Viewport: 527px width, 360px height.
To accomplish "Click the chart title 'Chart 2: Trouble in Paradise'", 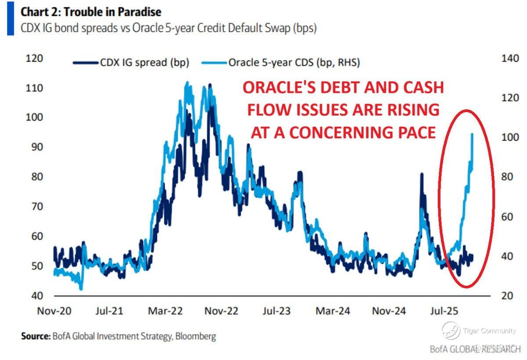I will point(91,12).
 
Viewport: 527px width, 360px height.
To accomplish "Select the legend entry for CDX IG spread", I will point(131,62).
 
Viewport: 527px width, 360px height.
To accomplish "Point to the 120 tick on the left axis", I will point(35,58).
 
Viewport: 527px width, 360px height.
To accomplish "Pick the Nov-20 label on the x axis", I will point(54,311).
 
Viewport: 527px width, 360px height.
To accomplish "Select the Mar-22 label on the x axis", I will point(166,311).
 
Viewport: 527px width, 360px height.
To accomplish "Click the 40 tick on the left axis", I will point(37,295).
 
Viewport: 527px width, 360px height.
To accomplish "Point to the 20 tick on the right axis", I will point(507,295).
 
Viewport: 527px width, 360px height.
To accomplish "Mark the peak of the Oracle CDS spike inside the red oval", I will point(472,134).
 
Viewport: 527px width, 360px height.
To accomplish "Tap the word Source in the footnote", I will point(35,337).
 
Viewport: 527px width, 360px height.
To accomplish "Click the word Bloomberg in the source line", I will point(197,337).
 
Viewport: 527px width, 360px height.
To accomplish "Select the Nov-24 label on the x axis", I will point(389,311).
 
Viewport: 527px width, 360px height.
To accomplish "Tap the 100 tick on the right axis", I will point(509,137).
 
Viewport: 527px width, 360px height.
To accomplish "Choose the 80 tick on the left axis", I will point(37,177).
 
